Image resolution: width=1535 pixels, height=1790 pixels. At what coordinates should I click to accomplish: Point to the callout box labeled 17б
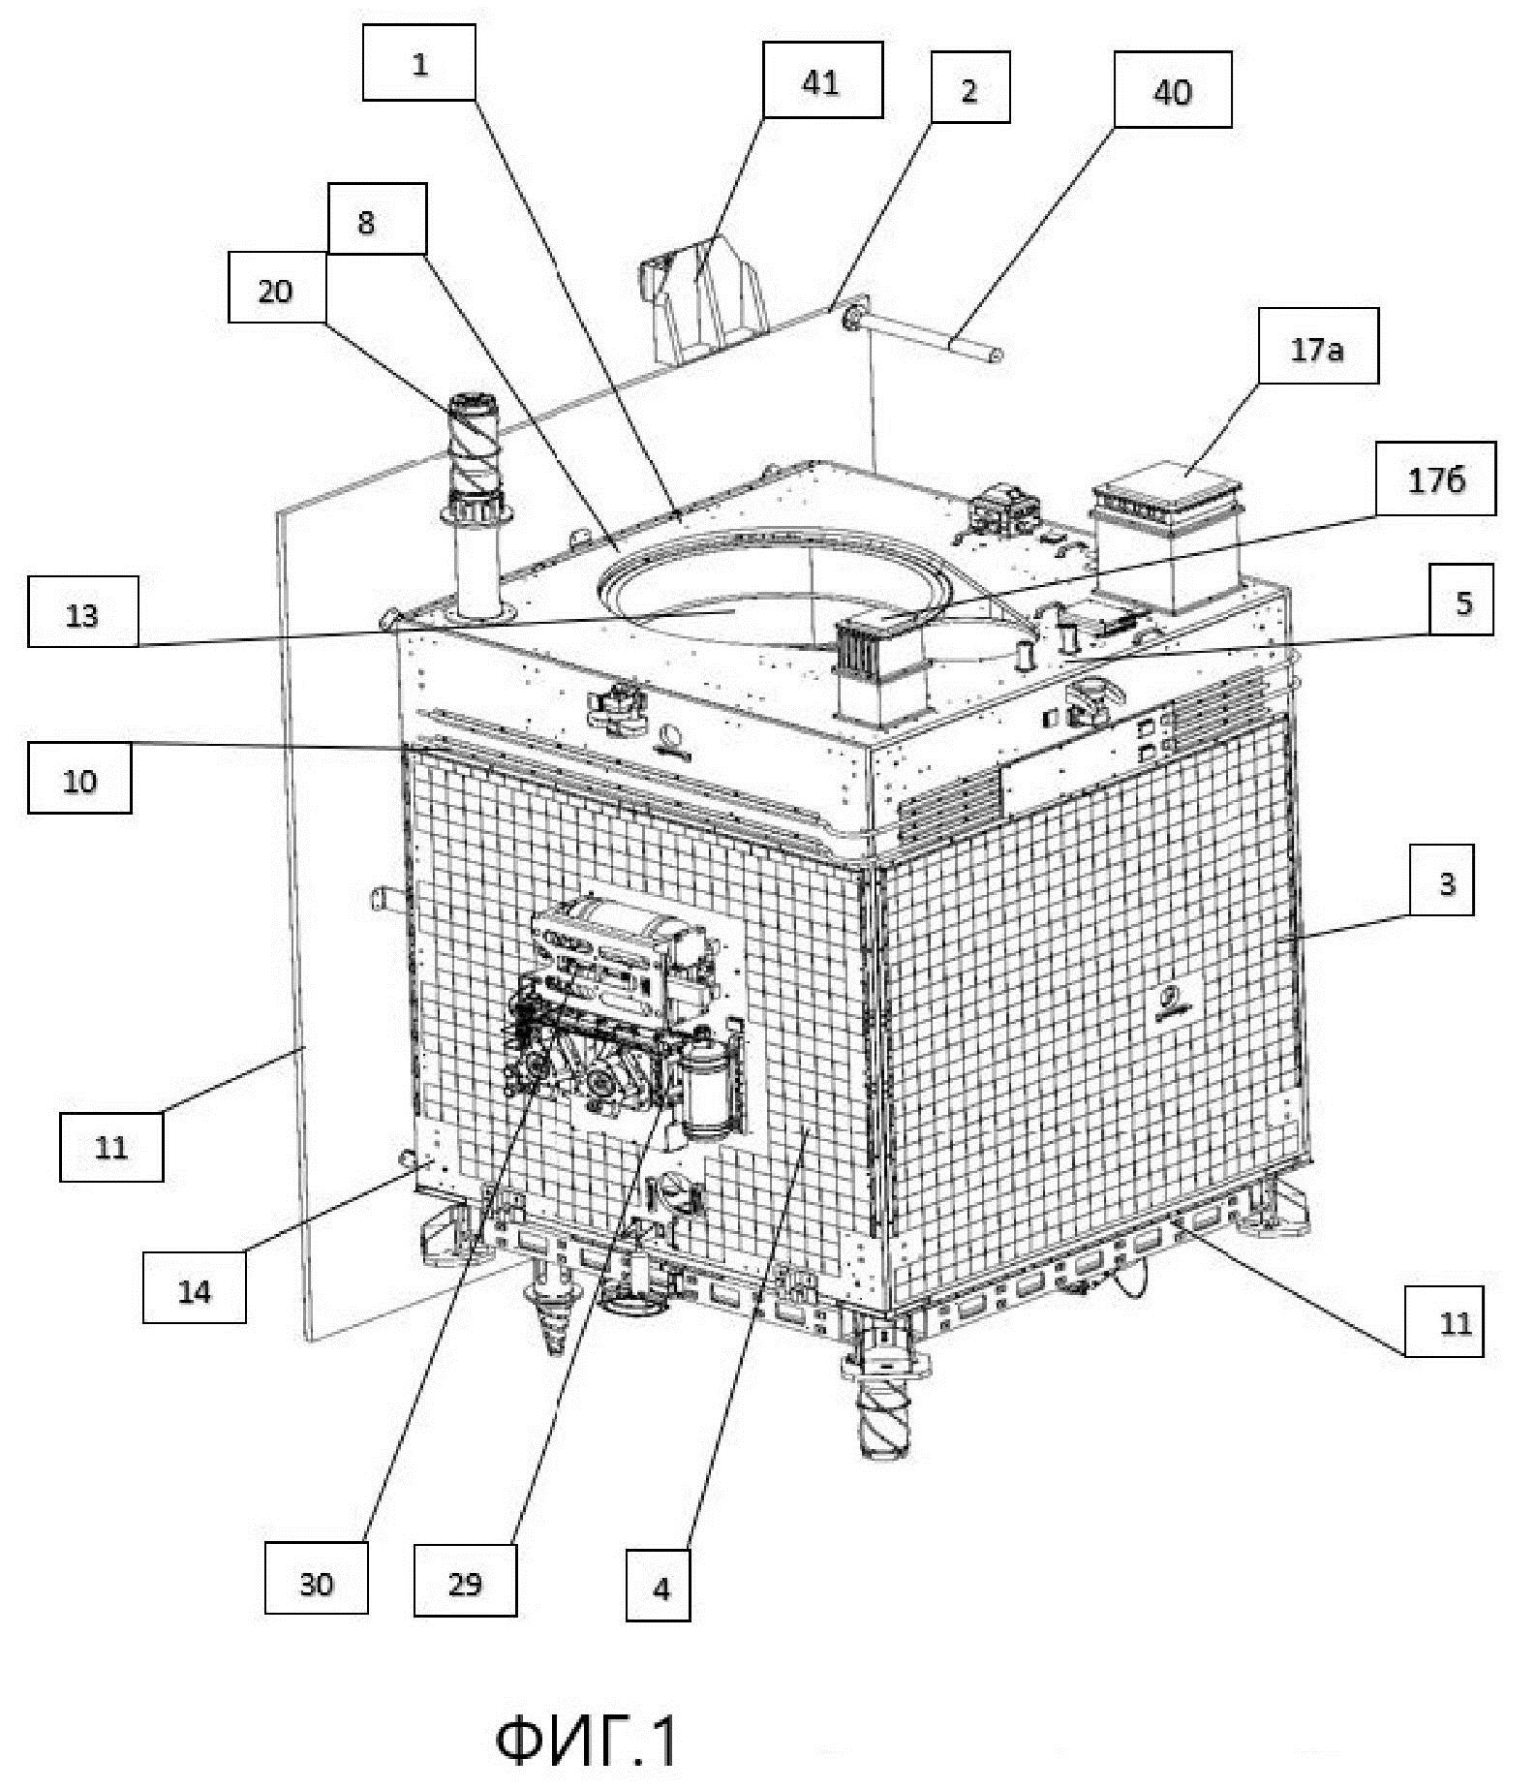pos(1435,478)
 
